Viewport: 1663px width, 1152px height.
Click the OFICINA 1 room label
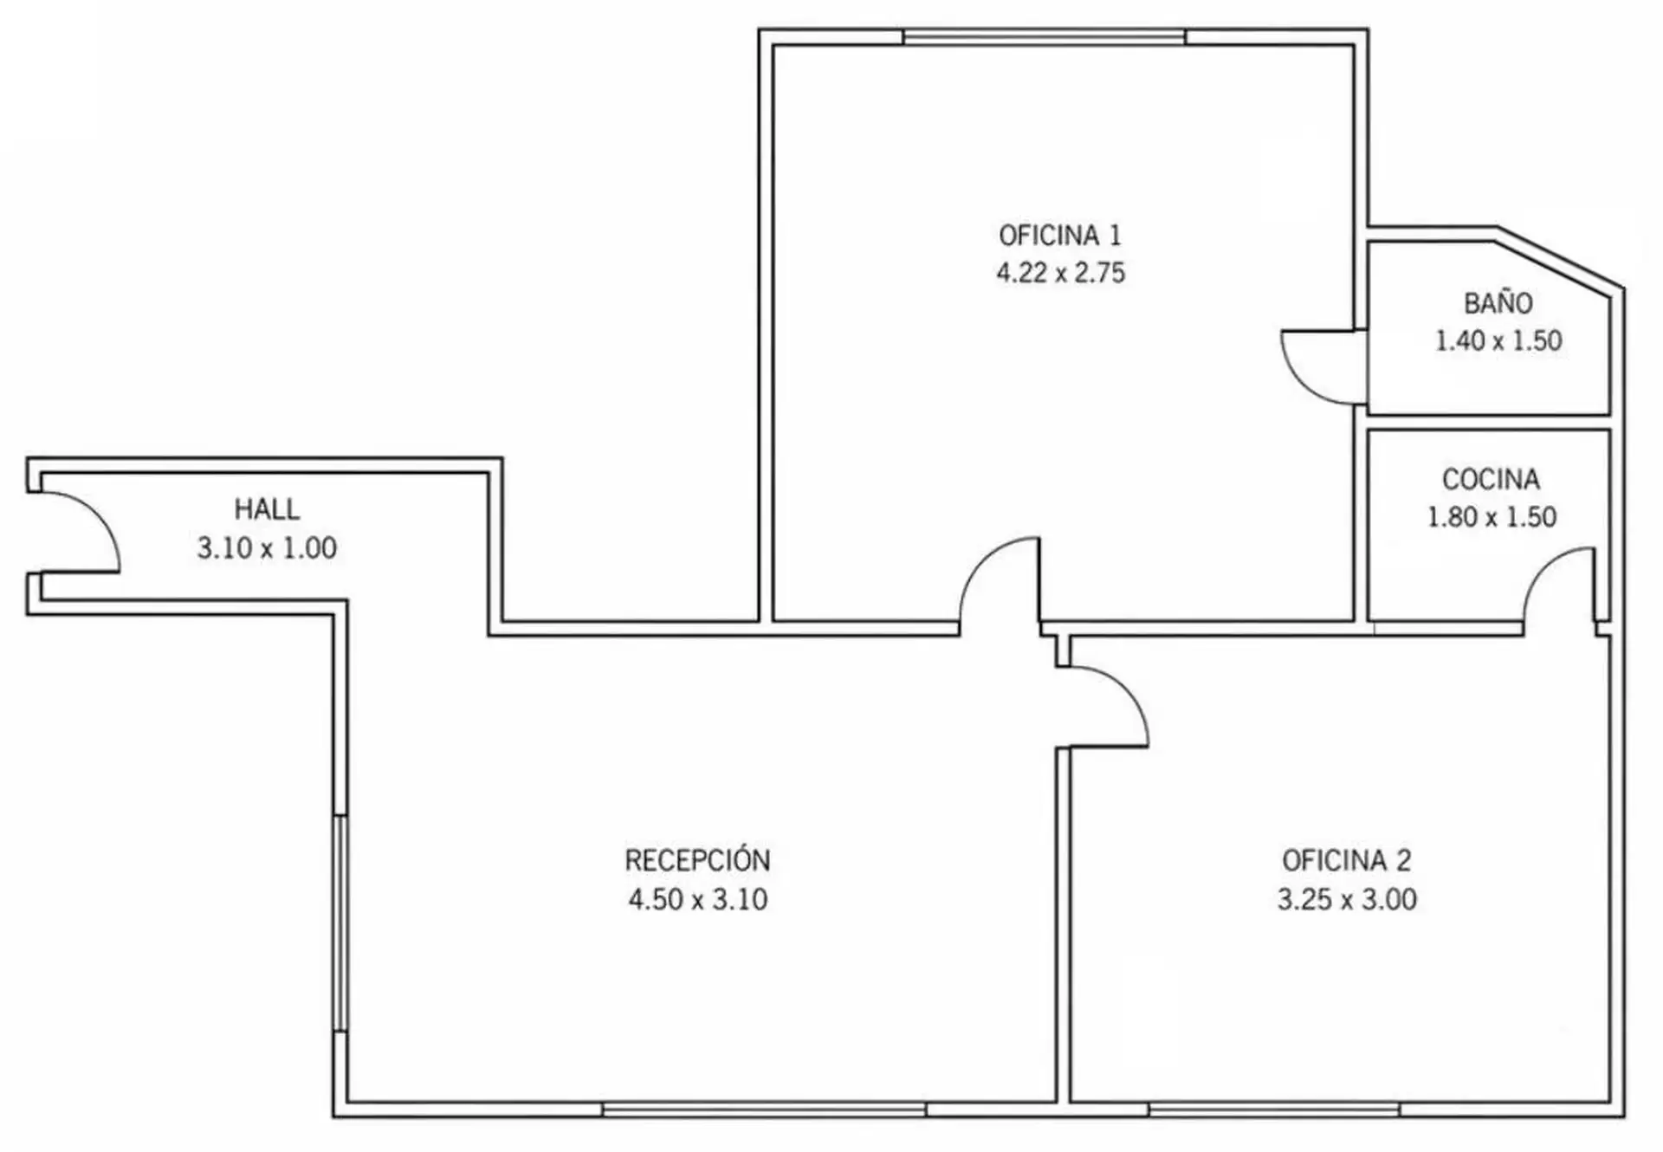(1059, 235)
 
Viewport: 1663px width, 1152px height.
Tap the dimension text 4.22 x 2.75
(1060, 273)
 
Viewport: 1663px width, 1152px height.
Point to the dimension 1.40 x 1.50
(1498, 340)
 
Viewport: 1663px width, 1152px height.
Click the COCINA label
(1491, 479)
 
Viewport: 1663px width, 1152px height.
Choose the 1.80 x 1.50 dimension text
(1492, 517)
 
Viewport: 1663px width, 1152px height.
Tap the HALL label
(267, 508)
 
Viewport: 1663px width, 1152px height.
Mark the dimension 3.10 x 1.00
(267, 547)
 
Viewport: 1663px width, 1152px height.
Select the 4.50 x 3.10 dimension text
(698, 899)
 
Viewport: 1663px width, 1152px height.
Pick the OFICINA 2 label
(1347, 860)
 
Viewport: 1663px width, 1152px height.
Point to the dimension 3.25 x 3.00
(1347, 899)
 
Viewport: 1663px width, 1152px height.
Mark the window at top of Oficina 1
(1045, 36)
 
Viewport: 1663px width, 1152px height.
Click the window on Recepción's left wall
(340, 922)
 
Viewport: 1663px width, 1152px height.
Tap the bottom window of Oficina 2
(1274, 1110)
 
